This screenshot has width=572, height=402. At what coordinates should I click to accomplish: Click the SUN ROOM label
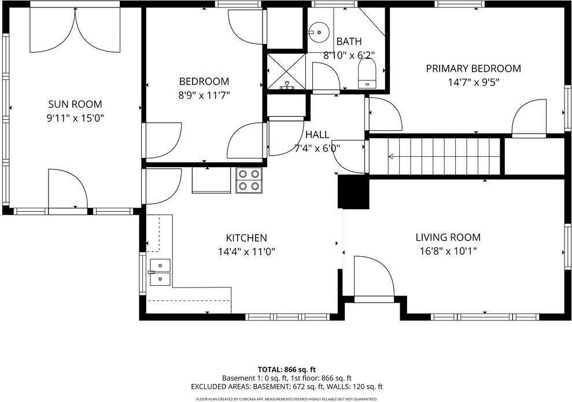coord(75,104)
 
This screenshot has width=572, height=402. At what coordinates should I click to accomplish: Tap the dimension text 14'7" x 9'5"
coord(473,82)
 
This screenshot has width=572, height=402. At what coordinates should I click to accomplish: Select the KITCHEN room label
coord(246,238)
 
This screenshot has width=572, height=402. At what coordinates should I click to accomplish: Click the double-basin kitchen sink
coord(160,272)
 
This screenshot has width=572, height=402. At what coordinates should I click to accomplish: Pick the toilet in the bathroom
coord(367,75)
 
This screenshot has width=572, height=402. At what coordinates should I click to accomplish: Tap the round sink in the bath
coord(318,31)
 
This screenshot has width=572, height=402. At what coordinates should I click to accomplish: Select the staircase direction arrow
coord(392,156)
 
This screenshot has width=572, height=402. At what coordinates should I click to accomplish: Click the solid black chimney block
coord(353,191)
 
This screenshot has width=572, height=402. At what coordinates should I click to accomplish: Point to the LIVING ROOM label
coord(448,237)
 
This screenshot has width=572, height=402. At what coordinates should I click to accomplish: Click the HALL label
coord(317,134)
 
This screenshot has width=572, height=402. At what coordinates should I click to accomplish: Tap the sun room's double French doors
coord(75,29)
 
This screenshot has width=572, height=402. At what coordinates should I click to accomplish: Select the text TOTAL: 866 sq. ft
coord(286,369)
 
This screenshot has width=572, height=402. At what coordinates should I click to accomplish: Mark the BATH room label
coord(349,41)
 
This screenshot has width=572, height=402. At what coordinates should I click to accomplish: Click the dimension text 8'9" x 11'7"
coord(204,95)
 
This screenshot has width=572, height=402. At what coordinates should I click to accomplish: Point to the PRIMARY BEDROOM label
coord(473,68)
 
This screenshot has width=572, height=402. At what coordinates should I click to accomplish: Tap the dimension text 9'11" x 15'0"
coord(75,118)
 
